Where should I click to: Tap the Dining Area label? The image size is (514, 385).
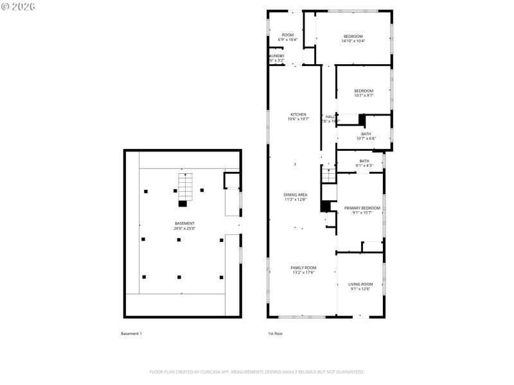295,197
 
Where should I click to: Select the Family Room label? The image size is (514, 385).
303,270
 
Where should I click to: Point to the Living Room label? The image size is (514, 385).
360,286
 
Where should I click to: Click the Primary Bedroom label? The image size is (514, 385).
362,210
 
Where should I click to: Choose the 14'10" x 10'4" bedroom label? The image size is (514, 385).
353,38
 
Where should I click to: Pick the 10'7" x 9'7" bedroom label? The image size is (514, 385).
363,93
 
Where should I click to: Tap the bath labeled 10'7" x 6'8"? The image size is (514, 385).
366,136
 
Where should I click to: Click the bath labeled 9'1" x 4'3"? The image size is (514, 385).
364,163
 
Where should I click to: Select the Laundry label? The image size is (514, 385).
276,58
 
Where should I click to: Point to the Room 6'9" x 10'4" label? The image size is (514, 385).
287,37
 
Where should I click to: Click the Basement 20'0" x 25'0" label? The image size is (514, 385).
184,226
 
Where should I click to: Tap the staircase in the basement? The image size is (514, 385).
184,187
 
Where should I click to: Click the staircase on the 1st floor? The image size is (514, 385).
328,175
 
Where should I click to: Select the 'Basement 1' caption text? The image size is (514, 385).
131,334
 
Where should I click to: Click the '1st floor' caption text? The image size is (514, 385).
275,334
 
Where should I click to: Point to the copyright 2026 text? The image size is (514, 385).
19,6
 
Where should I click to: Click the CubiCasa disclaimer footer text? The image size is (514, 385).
257,372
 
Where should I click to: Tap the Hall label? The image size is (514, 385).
330,119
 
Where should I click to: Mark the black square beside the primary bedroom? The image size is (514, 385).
325,207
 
